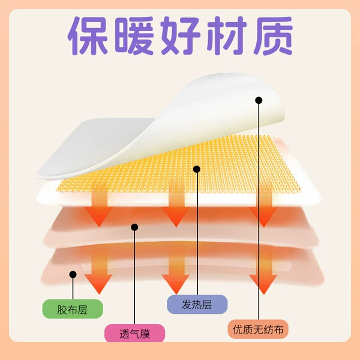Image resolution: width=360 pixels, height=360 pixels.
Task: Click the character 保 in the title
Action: coord(88,36)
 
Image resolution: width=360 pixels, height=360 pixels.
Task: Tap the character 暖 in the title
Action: coord(134,36)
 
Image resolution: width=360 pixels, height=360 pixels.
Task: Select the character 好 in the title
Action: coord(181,36)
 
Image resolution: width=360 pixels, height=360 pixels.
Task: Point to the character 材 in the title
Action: coord(227,36)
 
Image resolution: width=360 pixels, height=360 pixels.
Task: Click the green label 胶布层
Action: coord(73,309)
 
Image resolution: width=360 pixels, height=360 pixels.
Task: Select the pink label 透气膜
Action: coord(135,334)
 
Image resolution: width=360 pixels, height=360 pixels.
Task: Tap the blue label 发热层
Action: coord(197,304)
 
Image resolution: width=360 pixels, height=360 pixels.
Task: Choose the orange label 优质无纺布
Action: coord(258,329)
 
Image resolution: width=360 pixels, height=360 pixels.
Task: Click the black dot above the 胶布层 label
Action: coord(73,274)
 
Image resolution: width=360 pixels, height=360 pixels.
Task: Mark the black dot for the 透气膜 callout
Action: coord(134,227)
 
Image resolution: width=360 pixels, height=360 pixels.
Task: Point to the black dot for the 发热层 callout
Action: coord(197,169)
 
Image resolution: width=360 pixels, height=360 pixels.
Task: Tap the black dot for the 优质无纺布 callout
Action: coord(259,100)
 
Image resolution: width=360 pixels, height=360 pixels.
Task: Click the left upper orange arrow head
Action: coord(98,215)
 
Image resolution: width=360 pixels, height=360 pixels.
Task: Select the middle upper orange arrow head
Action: coord(176,215)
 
